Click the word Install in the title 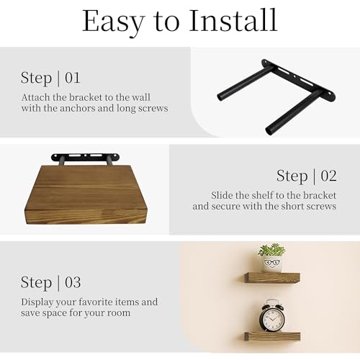233,20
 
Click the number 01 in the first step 73,78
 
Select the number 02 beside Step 328,176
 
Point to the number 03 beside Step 73,282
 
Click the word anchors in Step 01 77,108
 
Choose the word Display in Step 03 37,302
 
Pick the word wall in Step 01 142,97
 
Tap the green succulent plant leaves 271,250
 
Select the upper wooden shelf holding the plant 272,277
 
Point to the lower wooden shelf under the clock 272,336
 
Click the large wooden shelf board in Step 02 86,194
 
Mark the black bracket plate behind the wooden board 85,157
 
